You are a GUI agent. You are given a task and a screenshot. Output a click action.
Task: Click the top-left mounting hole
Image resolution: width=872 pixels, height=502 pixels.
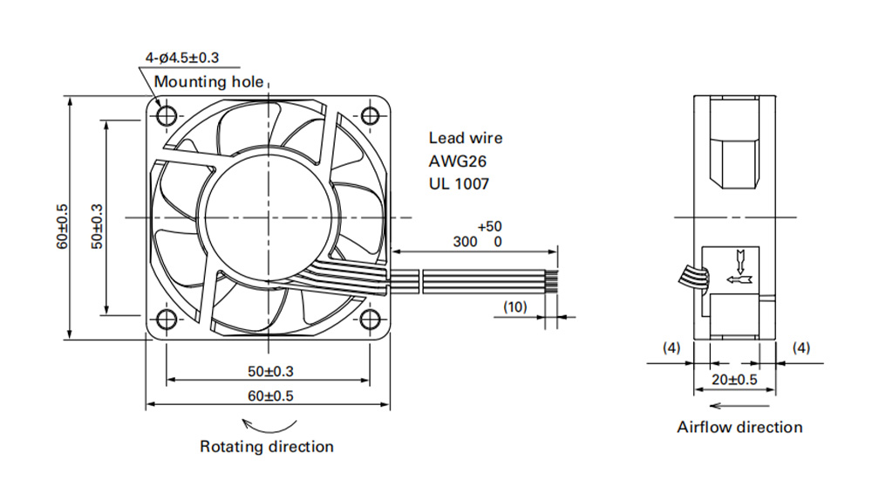pyautogui.click(x=167, y=116)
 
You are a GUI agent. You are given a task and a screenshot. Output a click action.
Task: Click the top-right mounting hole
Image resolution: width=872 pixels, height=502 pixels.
pyautogui.click(x=370, y=116)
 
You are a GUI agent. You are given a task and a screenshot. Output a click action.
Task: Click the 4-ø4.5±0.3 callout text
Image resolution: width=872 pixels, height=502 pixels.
pyautogui.click(x=182, y=58)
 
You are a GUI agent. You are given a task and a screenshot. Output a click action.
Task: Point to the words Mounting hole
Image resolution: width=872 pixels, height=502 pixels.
pyautogui.click(x=208, y=82)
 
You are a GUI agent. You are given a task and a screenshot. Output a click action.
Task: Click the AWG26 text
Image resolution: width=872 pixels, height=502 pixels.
pyautogui.click(x=457, y=162)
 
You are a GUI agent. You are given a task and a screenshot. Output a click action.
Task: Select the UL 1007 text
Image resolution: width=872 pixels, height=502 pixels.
pyautogui.click(x=459, y=183)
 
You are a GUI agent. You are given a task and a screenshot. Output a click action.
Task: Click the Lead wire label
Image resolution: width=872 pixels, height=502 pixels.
pyautogui.click(x=466, y=138)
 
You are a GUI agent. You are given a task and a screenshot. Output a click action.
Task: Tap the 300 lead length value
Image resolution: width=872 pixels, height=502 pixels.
pyautogui.click(x=465, y=242)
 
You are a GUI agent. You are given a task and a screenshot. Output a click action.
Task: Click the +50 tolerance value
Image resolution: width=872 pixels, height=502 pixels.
pyautogui.click(x=489, y=226)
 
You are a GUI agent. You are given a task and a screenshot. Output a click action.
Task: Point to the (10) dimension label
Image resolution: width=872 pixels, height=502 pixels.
pyautogui.click(x=515, y=306)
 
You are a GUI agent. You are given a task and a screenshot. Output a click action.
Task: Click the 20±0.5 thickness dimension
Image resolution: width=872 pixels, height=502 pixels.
pyautogui.click(x=734, y=380)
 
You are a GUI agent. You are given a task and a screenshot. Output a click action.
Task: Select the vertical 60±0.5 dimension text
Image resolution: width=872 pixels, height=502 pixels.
pyautogui.click(x=62, y=226)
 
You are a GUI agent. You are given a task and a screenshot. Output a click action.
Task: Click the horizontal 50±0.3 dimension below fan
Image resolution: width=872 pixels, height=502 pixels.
pyautogui.click(x=270, y=371)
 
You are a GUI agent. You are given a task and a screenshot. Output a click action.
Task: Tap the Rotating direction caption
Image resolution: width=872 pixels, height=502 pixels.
pyautogui.click(x=267, y=446)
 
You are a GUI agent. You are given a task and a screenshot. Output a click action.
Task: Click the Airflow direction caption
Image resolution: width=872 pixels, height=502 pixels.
pyautogui.click(x=739, y=427)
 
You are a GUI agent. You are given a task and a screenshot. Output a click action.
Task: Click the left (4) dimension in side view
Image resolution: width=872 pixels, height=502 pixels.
pyautogui.click(x=671, y=347)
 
